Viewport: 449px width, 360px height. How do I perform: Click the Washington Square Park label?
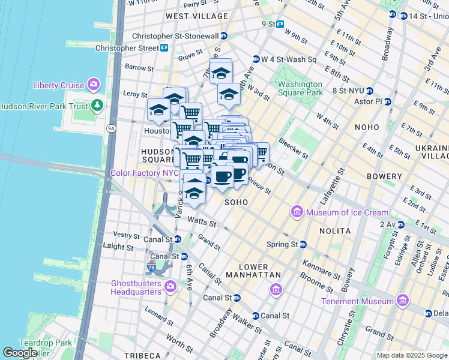tap(300, 89)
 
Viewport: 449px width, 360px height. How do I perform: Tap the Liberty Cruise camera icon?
tap(93, 85)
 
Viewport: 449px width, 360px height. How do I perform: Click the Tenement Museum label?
tap(357, 301)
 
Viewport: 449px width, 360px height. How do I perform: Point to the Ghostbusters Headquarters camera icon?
tap(171, 286)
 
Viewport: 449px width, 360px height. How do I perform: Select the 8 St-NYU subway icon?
tap(370, 91)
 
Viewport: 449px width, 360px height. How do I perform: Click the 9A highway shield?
tap(111, 128)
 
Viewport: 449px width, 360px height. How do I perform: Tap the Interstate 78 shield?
tap(153, 266)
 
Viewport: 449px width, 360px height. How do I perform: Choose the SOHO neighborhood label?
tap(237, 203)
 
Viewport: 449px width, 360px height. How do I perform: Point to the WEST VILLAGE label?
tap(190, 16)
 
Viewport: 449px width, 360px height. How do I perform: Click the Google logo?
tap(20, 353)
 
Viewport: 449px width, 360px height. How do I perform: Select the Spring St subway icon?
tap(303, 244)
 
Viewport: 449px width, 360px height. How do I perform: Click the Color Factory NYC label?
tap(145, 173)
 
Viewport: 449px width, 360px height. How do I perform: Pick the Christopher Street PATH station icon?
tap(164, 47)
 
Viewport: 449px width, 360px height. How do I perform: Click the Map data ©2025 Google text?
tap(411, 355)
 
